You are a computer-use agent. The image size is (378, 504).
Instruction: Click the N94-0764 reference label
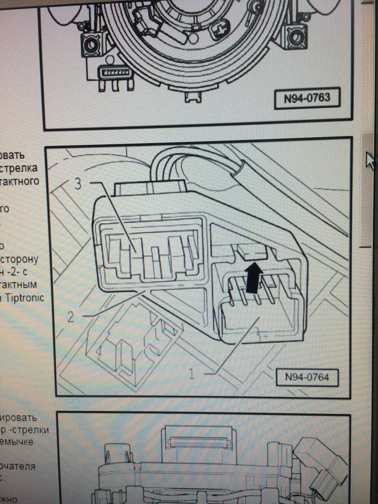[307, 377]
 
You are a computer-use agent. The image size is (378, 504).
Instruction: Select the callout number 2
[71, 317]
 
